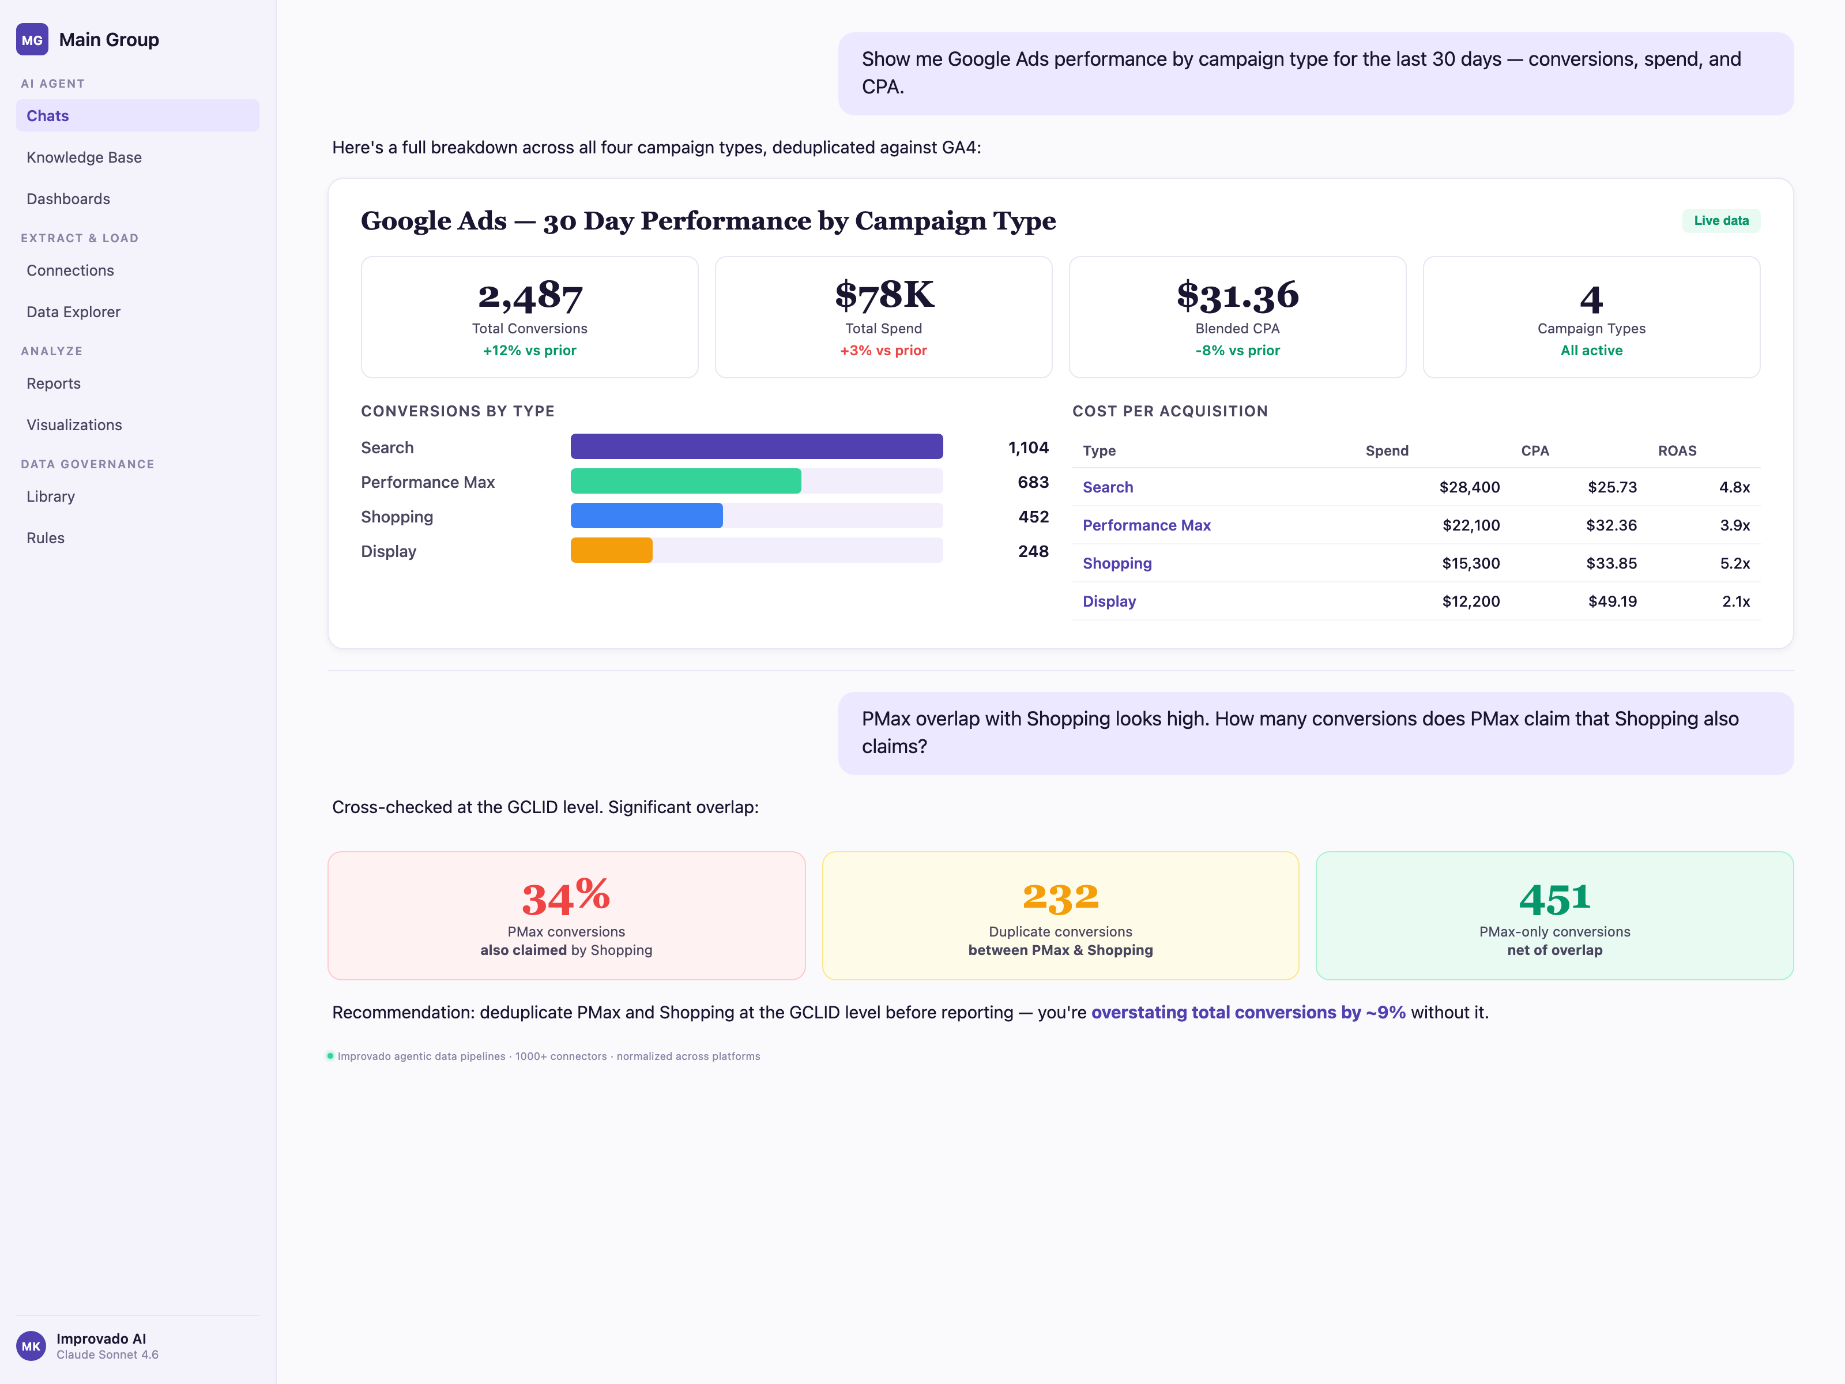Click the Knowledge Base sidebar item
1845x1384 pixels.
[84, 157]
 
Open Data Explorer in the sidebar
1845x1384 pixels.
[73, 312]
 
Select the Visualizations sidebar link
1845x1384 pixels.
[74, 424]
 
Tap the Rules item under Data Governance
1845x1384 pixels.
[45, 538]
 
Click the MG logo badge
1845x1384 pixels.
[32, 40]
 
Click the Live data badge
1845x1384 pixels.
[1720, 220]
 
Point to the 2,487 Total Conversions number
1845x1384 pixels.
[530, 296]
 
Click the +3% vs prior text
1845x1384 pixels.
[883, 351]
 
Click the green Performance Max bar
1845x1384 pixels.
[685, 482]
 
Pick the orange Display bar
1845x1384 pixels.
[611, 551]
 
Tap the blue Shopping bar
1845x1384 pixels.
[646, 516]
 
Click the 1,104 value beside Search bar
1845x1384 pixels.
[1027, 448]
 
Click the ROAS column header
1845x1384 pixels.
[1677, 450]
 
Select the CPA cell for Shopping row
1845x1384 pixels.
[1610, 563]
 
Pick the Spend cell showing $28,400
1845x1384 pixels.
[1469, 487]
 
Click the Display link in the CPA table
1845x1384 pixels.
[1109, 601]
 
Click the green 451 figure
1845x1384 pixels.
[1554, 898]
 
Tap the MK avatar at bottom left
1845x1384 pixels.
[32, 1345]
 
